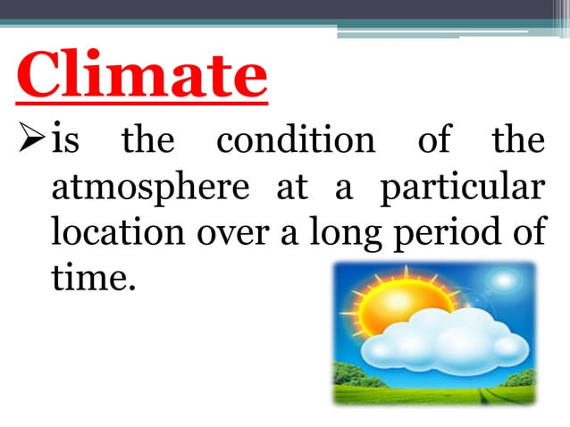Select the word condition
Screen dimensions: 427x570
pos(295,141)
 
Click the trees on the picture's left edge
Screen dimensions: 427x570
pos(345,376)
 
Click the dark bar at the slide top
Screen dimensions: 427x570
pos(285,9)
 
